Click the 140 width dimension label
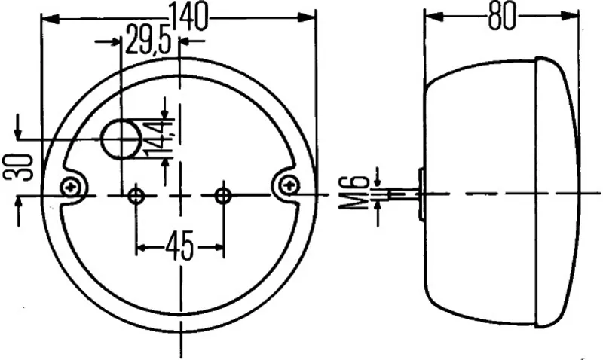coord(189,16)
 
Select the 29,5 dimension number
coord(148,39)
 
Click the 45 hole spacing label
coord(179,246)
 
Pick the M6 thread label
coord(352,192)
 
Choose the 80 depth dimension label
coord(501,17)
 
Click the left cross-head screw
coord(71,188)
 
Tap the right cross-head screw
coord(289,186)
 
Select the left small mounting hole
coord(136,196)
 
